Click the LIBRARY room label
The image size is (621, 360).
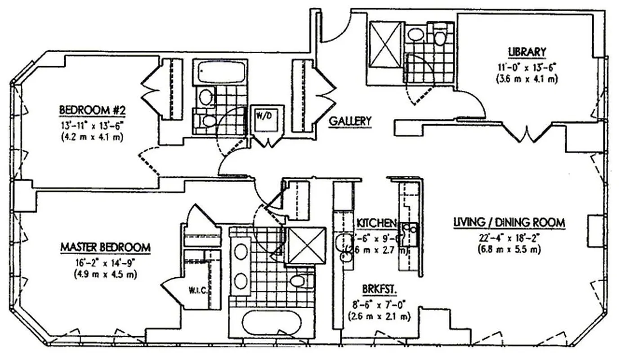coord(527,52)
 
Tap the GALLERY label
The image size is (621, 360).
coord(350,121)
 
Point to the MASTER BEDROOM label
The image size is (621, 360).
coord(105,247)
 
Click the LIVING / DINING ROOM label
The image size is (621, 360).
coord(509,222)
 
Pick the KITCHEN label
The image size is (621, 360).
coord(376,223)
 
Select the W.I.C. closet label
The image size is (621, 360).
coord(197,290)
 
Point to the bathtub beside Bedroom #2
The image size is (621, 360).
coord(220,72)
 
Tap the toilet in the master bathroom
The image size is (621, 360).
coord(298,281)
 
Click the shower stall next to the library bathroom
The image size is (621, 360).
coord(385,45)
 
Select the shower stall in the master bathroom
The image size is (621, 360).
coord(306,245)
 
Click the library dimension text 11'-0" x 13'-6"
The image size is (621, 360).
coord(527,67)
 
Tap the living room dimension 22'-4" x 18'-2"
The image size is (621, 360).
coord(509,237)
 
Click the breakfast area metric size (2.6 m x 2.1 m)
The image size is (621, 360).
coord(379,316)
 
